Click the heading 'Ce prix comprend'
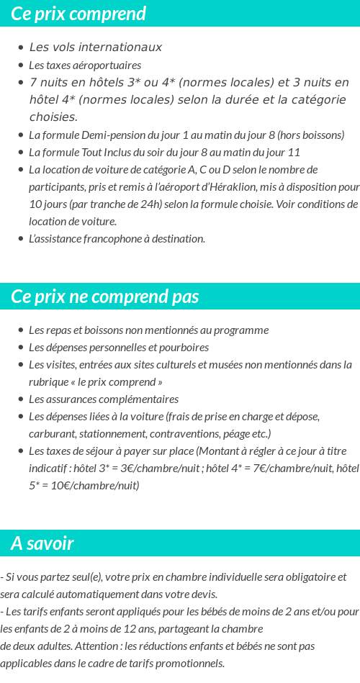78,14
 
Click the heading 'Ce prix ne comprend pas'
105,297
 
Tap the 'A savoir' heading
42,543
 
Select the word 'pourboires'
184,348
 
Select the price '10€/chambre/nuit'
92,486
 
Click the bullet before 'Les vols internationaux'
20,48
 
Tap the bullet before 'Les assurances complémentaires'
20,399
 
